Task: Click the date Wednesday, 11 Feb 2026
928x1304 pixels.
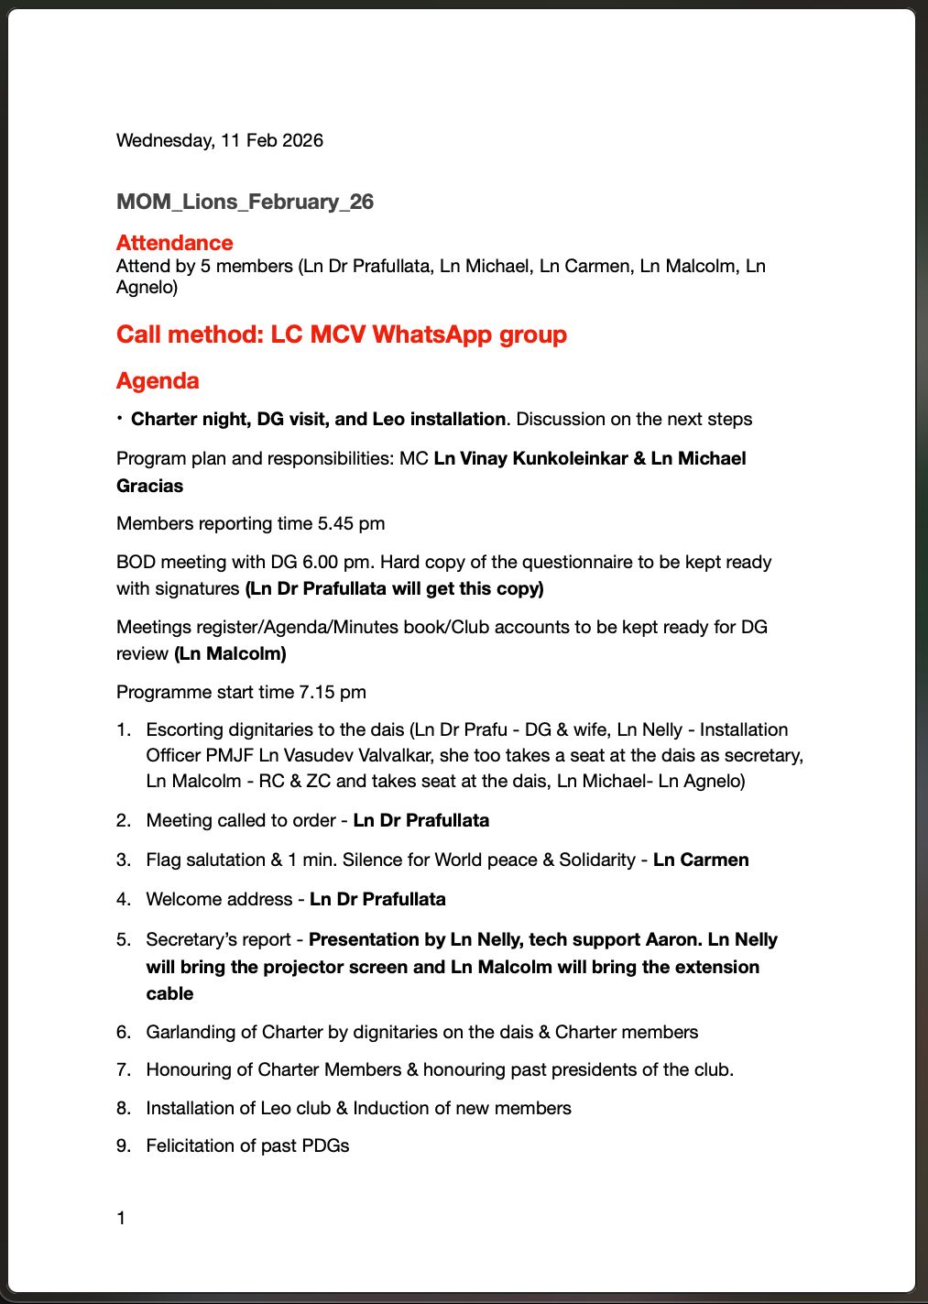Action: click(219, 140)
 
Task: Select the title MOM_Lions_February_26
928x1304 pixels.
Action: click(245, 202)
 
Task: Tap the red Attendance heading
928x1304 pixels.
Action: click(174, 243)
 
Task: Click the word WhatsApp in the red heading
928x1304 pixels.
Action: click(432, 334)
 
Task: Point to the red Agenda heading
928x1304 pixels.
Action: click(158, 380)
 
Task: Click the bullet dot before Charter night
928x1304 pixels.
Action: click(120, 418)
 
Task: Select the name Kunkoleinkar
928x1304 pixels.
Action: click(570, 458)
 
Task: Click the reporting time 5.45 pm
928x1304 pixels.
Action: click(351, 523)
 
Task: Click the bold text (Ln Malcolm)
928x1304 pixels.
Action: click(230, 653)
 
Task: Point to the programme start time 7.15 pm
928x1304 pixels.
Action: click(332, 692)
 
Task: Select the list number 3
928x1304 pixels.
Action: click(124, 860)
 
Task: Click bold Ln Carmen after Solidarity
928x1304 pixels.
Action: click(701, 860)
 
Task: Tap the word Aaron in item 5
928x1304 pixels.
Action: click(673, 939)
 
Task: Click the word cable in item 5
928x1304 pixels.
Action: click(169, 993)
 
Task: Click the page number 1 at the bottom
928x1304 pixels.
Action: click(121, 1218)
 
